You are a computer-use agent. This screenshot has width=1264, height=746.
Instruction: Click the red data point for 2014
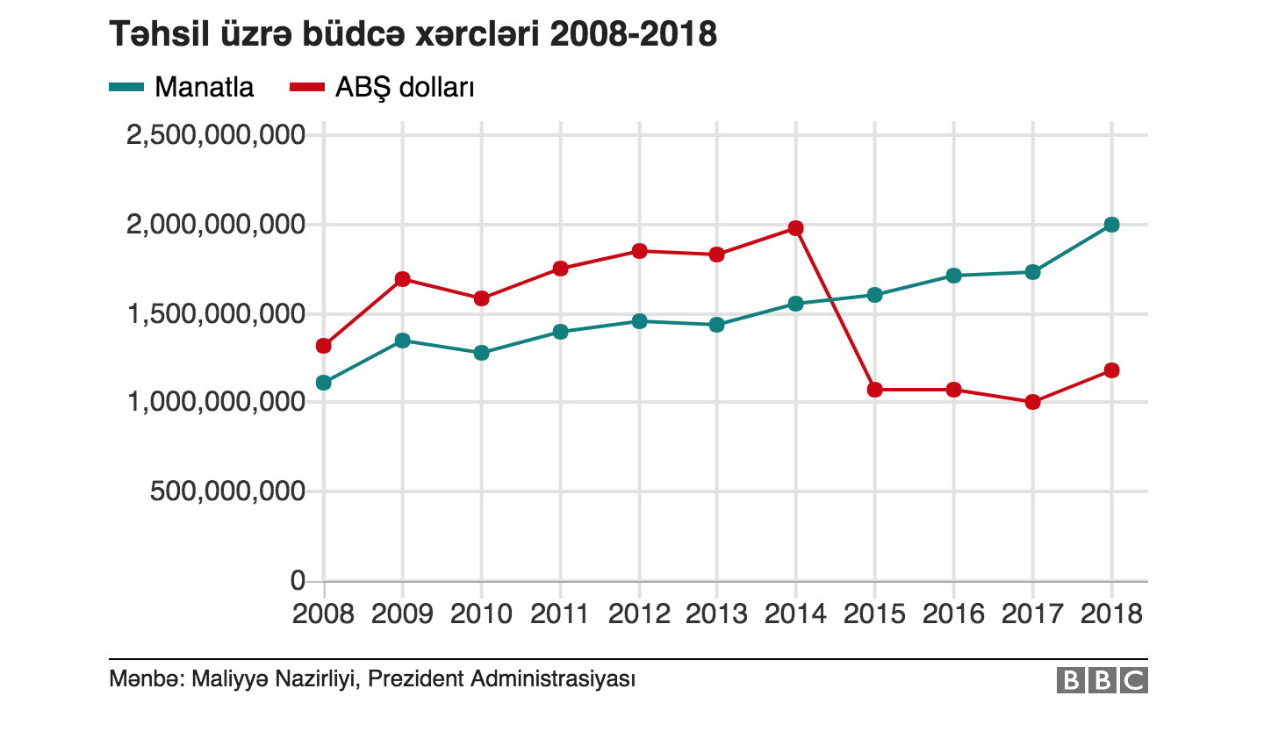pos(796,228)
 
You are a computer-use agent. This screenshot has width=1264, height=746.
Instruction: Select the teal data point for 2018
pos(1111,225)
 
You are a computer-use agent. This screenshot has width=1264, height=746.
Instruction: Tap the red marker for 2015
pos(874,390)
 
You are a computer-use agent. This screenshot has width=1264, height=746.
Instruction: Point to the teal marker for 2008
pos(324,383)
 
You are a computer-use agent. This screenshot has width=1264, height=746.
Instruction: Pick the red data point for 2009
pos(403,279)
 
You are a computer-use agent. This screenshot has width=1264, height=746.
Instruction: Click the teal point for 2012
pos(639,321)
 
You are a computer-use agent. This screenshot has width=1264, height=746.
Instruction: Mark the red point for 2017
pos(1032,402)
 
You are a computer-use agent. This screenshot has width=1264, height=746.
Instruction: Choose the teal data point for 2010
pos(481,353)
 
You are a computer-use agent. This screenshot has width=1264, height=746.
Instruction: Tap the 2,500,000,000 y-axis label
pos(216,135)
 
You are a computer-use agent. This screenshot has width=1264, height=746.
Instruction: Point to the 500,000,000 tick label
pos(227,491)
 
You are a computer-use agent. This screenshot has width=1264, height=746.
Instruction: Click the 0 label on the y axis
pos(298,581)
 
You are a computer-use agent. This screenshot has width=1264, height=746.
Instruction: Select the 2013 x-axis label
pos(717,613)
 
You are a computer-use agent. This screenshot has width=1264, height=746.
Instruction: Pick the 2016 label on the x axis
pos(953,613)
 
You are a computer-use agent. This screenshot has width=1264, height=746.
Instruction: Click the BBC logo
pos(1102,680)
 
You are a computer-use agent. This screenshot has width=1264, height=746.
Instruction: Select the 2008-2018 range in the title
pos(634,35)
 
